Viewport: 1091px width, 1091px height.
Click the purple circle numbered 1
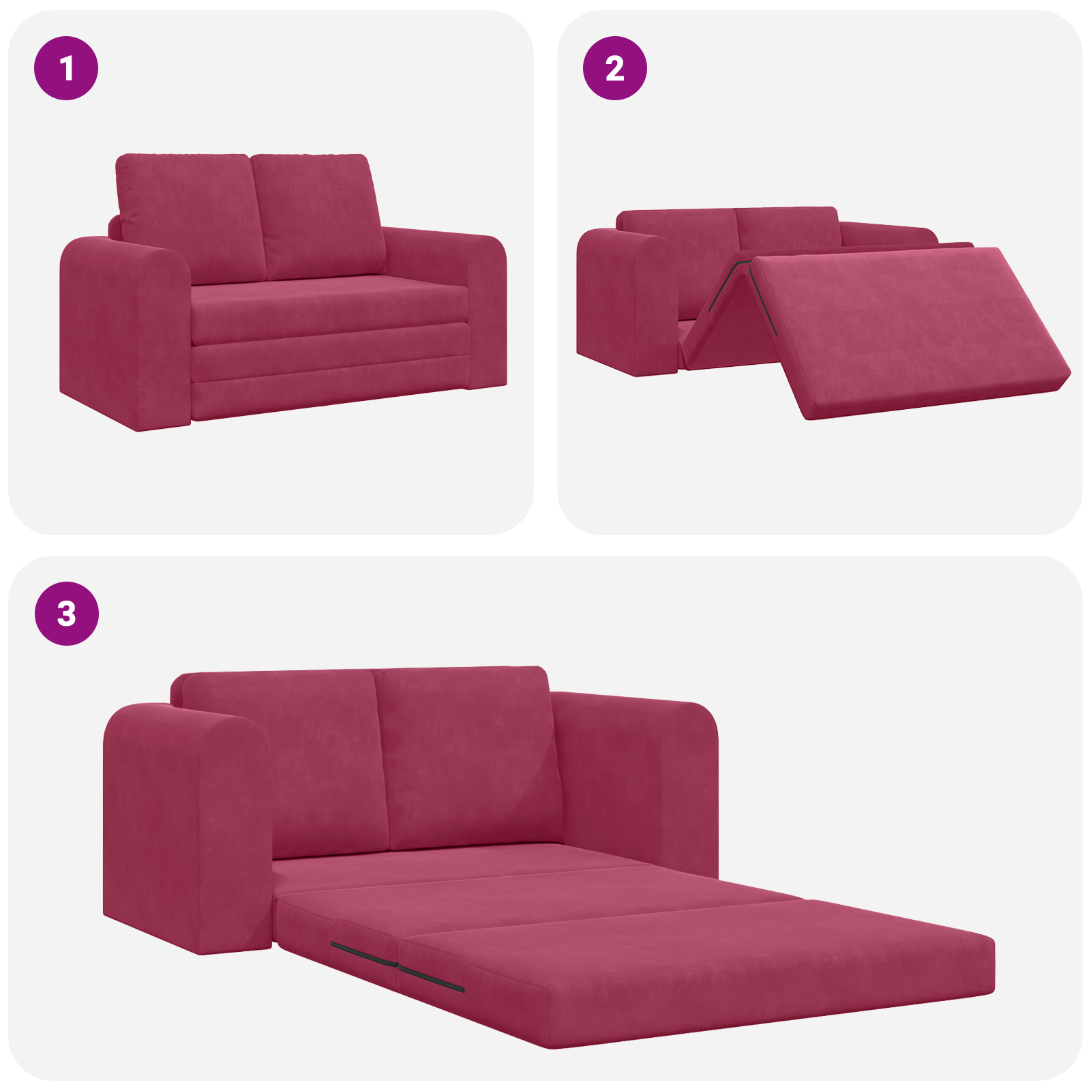pos(66,68)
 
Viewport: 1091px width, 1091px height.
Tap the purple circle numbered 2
pos(614,68)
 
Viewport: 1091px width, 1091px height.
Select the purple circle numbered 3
pos(66,613)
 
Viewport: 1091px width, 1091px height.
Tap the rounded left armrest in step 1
pos(123,327)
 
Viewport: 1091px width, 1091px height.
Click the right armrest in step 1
pos(470,300)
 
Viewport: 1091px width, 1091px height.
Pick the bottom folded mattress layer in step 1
pos(327,395)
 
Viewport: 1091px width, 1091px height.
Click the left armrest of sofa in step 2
pos(624,300)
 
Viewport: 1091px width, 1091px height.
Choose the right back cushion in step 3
pos(470,757)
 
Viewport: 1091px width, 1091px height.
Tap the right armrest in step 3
pos(641,777)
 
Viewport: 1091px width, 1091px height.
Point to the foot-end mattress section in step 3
pos(716,968)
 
